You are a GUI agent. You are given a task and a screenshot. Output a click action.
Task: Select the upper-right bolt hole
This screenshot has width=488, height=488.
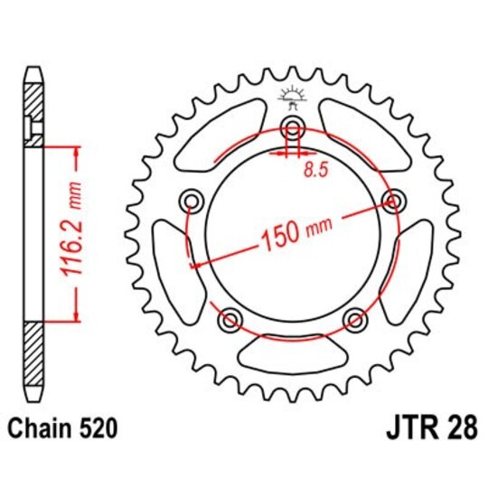(x=391, y=199)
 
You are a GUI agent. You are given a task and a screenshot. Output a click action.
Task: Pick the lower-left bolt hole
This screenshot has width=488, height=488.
(x=230, y=317)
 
